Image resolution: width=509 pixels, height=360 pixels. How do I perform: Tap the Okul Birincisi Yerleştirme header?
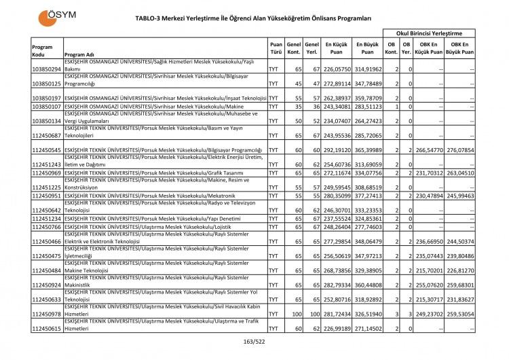430,33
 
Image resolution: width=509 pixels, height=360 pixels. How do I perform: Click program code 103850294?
46,69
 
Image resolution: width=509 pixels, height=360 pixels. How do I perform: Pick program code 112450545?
46,149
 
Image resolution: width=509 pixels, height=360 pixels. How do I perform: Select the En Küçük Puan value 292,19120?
337,149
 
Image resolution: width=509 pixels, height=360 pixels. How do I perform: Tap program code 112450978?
46,315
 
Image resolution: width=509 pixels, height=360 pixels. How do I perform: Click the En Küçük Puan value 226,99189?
337,329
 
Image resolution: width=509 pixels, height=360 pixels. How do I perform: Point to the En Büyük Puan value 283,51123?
367,106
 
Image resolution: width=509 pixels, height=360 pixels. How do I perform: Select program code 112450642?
46,209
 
